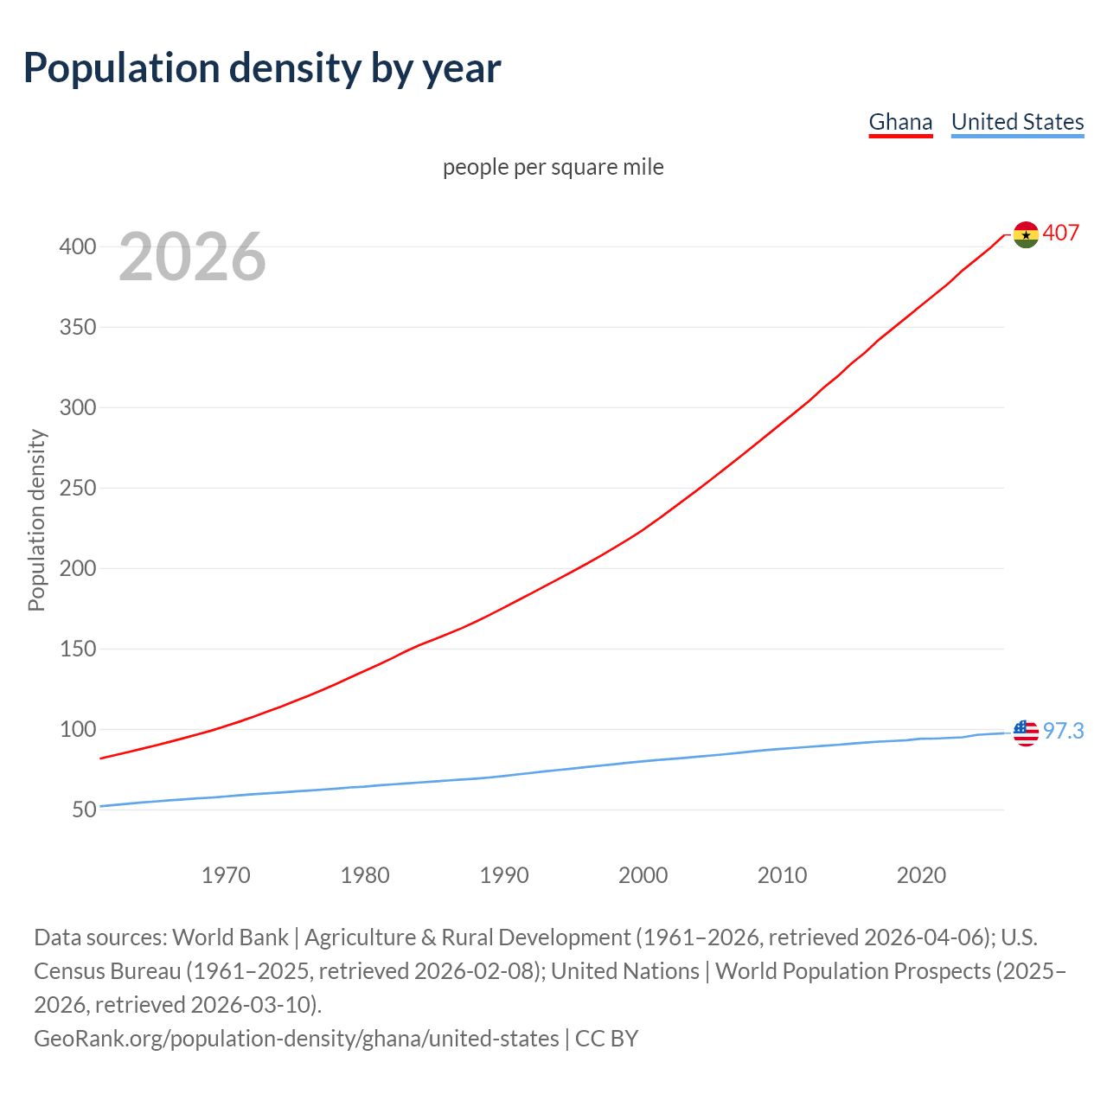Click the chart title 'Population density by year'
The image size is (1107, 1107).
[x=262, y=68]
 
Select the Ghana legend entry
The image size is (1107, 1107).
[x=900, y=122]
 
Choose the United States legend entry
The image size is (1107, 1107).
[x=1017, y=122]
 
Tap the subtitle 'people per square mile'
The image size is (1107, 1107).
[x=553, y=167]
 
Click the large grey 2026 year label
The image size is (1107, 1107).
[x=192, y=257]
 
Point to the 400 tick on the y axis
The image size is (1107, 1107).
[x=77, y=247]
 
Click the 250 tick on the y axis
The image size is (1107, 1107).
[x=77, y=489]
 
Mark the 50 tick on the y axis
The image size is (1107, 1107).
[x=83, y=810]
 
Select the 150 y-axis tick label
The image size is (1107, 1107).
[x=77, y=649]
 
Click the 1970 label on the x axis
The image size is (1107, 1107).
[x=226, y=875]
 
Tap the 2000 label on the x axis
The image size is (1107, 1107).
[x=643, y=875]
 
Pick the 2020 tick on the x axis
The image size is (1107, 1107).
[x=921, y=875]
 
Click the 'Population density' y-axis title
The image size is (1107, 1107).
[x=36, y=520]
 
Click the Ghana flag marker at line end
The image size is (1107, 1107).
[x=1026, y=234]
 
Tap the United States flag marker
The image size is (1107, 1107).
[x=1026, y=733]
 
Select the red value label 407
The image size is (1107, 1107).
[x=1061, y=234]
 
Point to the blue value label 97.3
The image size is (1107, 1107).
[x=1063, y=732]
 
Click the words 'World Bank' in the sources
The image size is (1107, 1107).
[x=230, y=937]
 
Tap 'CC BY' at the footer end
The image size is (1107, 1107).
[x=606, y=1039]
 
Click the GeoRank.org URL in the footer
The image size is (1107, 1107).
[x=296, y=1039]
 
